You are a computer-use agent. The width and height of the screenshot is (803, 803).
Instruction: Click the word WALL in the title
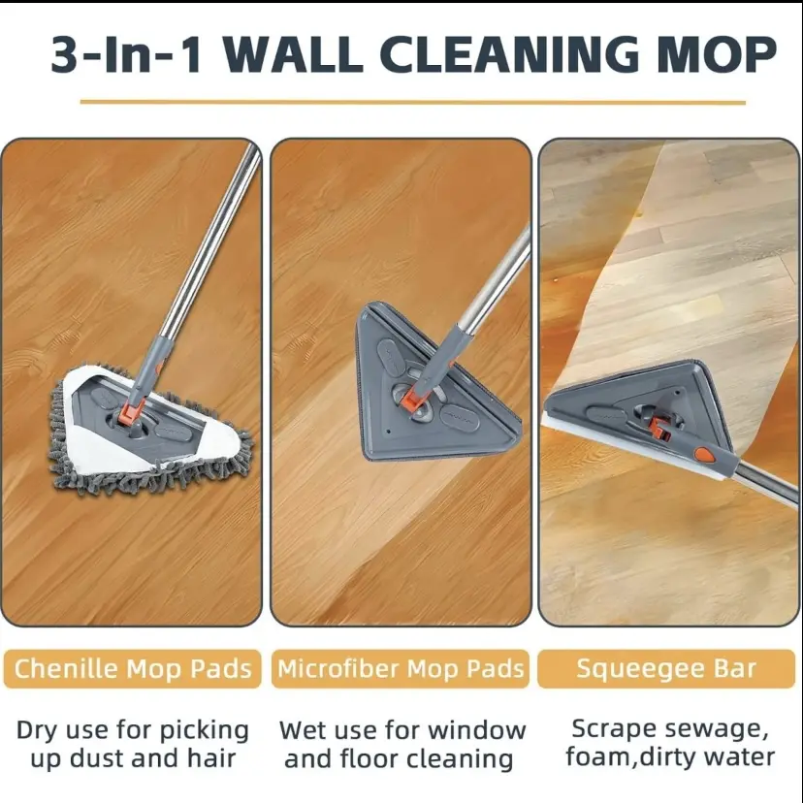tap(293, 54)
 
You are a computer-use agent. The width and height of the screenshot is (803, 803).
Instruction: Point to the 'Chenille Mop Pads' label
tap(133, 668)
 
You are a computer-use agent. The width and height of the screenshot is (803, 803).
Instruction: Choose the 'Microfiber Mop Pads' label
tap(401, 668)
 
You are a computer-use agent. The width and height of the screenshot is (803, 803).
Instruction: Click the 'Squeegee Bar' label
tap(666, 668)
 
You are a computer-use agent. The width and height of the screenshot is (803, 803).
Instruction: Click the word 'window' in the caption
tap(478, 730)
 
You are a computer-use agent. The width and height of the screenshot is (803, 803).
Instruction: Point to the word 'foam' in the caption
tap(597, 756)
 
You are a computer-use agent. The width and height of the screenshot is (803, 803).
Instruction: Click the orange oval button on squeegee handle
tap(704, 454)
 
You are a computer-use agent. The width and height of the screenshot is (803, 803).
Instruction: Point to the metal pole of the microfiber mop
tap(495, 278)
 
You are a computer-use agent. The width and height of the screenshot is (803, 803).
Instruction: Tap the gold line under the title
tap(413, 103)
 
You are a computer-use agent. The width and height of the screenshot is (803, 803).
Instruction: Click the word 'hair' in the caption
tap(211, 757)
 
